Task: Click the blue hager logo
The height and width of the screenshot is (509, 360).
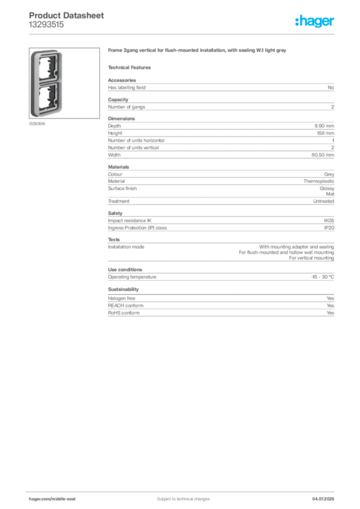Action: (315, 21)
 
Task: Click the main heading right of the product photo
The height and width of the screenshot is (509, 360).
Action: (197, 52)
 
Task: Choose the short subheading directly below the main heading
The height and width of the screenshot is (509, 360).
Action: (131, 67)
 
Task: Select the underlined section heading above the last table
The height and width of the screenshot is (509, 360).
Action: (123, 289)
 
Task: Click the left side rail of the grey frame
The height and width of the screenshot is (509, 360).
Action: (33, 82)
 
